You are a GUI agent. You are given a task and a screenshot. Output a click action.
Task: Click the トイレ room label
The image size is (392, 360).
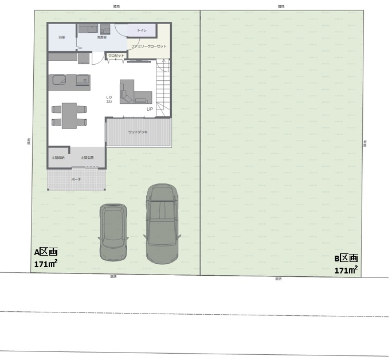click(142, 29)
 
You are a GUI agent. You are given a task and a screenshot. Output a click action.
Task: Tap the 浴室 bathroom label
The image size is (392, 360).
click(61, 37)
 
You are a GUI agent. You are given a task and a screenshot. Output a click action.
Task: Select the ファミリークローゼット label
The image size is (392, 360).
click(149, 46)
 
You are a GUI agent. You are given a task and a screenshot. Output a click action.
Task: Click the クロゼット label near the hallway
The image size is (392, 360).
click(116, 56)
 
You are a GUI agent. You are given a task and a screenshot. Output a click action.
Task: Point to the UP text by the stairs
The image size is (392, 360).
click(150, 109)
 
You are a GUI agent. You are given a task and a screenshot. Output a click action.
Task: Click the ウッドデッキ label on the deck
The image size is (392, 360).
click(138, 132)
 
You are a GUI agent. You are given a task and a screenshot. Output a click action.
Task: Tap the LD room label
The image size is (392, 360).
click(109, 97)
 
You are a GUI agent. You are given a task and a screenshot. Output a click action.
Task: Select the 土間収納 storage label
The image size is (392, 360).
click(58, 156)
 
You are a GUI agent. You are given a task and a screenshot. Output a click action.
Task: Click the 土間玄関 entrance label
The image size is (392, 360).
click(87, 156)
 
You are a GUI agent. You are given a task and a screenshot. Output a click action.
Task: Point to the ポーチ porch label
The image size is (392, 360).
click(76, 179)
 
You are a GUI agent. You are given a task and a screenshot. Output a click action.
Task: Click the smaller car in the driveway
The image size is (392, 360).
click(113, 232)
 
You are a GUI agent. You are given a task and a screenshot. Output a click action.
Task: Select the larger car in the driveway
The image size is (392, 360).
click(162, 224)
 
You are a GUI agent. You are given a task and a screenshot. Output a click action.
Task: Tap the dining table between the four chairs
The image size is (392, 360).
click(69, 115)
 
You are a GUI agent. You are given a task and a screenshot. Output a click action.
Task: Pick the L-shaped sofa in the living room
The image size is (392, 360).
click(133, 92)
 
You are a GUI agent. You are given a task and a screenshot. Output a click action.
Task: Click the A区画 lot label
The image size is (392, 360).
click(46, 252)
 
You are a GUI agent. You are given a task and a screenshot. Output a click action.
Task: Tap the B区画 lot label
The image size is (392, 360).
click(346, 259)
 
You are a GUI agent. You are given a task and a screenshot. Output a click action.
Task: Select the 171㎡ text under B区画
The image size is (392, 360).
click(346, 270)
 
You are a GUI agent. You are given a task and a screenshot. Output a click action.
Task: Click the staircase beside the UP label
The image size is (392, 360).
click(163, 89)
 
